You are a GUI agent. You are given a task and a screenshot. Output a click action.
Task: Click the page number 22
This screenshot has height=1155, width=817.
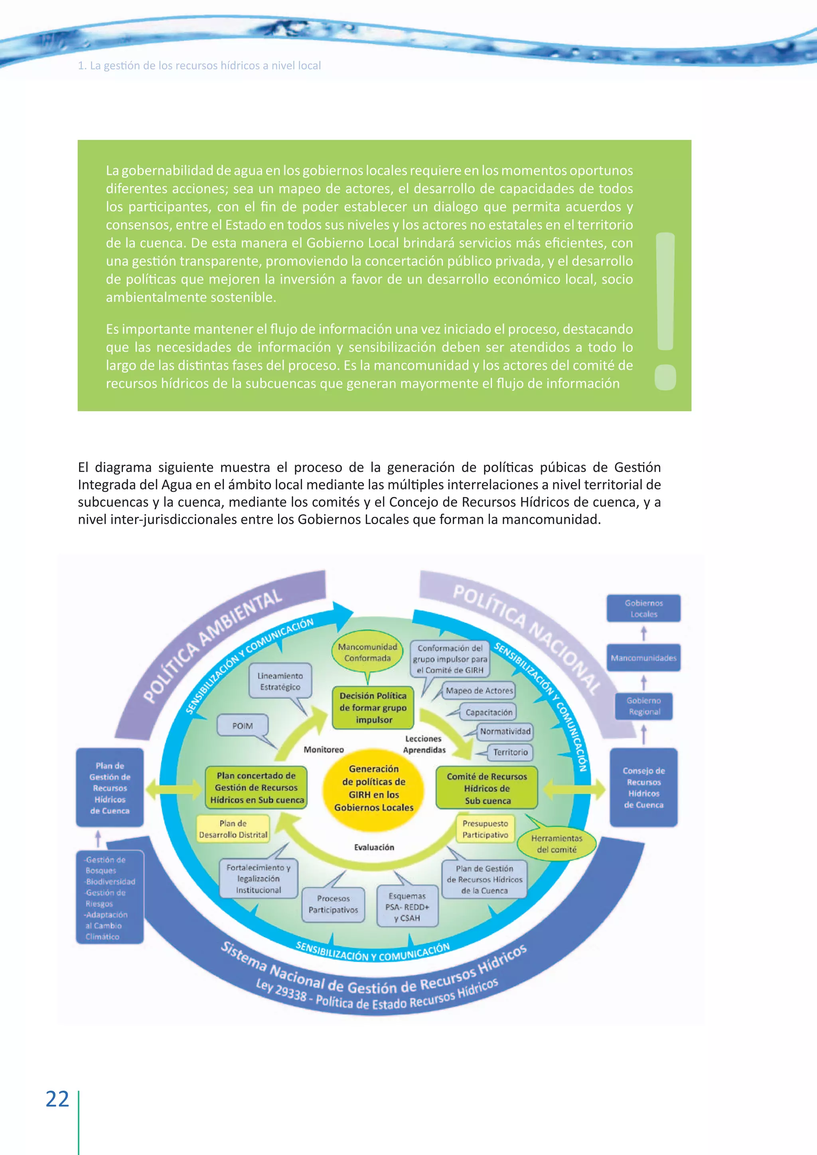pos(57,1099)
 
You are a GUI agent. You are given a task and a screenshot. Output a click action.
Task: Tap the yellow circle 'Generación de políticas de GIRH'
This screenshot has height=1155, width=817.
pos(374,788)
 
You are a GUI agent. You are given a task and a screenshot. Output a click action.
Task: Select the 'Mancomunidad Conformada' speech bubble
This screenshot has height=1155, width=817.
pos(368,652)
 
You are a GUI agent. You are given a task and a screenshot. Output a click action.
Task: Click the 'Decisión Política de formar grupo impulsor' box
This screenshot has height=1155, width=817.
pos(373,707)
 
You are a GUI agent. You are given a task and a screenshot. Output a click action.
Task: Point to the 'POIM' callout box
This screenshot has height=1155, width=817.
pos(243,726)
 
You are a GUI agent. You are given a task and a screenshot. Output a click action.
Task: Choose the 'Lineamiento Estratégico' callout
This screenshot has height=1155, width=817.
pos(280,681)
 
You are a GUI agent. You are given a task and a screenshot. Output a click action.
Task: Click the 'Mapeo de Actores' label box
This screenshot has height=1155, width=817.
pos(479,691)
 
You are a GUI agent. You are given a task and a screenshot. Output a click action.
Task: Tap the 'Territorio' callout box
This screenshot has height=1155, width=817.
pos(510,752)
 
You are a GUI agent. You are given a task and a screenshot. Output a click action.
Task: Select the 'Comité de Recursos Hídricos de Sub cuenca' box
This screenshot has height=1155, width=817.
pos(486,788)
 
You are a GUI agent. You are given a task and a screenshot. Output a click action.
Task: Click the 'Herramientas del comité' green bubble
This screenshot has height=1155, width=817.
pos(557,844)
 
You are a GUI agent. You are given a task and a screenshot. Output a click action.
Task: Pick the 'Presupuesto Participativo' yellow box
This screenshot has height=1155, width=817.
pos(485,829)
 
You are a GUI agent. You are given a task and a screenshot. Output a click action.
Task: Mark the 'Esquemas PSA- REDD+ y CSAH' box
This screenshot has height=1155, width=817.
pos(407,907)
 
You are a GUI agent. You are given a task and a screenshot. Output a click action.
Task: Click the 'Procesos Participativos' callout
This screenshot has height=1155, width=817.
pos(333,904)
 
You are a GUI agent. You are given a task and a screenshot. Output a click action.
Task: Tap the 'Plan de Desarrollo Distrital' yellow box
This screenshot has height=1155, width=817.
pos(233,829)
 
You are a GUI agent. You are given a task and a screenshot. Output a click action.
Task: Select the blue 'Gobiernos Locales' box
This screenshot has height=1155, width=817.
pos(643,608)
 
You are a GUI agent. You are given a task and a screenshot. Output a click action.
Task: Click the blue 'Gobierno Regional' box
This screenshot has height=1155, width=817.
pos(644,706)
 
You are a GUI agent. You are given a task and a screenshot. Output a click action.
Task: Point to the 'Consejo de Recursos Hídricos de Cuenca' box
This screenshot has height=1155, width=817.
pos(643,787)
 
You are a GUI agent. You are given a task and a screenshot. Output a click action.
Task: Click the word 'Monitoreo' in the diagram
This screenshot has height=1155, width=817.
pos(324,749)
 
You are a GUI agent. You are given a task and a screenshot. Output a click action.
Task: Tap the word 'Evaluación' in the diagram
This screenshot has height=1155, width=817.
pos(374,847)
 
